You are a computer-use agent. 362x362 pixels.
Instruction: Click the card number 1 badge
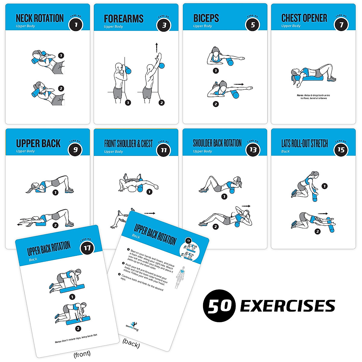(x=76, y=24)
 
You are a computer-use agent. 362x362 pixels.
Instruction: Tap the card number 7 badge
(x=341, y=24)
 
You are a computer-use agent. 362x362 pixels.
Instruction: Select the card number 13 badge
(x=253, y=150)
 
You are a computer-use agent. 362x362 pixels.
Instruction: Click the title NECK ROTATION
(x=40, y=18)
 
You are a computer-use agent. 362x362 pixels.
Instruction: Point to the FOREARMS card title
(x=123, y=19)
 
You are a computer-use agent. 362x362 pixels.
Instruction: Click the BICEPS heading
(x=206, y=18)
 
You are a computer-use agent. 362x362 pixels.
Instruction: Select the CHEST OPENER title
(x=304, y=18)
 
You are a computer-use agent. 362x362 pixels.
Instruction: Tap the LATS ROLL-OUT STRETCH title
(x=304, y=144)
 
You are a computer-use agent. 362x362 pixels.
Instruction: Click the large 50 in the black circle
(x=219, y=306)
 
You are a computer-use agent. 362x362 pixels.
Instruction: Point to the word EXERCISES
(x=287, y=306)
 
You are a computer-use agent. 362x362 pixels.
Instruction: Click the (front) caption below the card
(x=82, y=354)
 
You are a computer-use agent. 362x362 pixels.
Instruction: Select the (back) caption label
(x=131, y=344)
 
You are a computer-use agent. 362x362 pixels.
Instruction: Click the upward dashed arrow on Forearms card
(x=157, y=48)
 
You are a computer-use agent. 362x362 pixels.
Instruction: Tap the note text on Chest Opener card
(x=313, y=97)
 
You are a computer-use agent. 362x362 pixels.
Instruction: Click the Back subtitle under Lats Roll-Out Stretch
(x=285, y=151)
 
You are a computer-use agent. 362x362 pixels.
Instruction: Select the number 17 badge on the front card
(x=87, y=248)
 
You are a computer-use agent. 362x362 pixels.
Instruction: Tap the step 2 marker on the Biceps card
(x=216, y=104)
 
